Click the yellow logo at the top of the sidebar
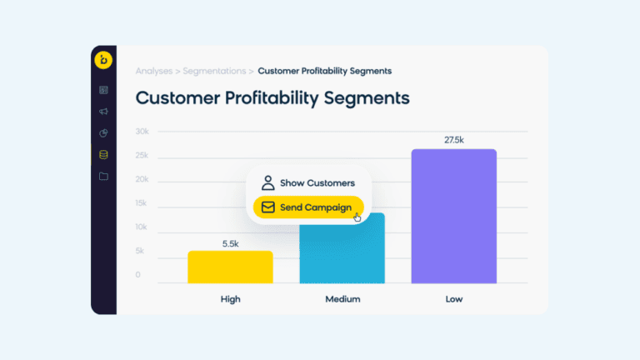103,60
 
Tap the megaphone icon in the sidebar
103,112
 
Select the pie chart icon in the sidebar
103,133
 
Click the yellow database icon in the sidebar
103,155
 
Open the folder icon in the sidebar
103,177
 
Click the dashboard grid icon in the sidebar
103,90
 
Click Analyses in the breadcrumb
154,72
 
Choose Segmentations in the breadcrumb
214,72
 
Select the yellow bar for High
218,267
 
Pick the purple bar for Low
453,217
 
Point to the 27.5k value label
453,140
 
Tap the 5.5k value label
230,243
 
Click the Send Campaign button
308,207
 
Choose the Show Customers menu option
307,183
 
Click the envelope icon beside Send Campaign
267,207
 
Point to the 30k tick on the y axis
142,132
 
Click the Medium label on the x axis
342,299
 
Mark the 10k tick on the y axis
142,227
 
